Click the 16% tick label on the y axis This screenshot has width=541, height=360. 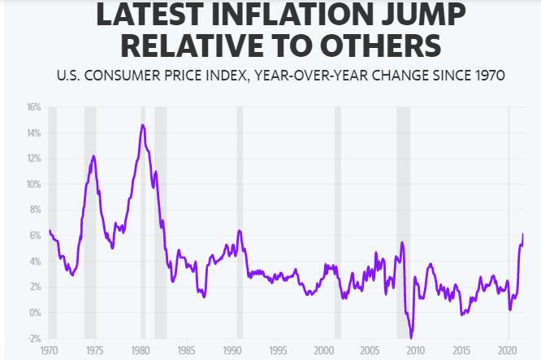pos(32,106)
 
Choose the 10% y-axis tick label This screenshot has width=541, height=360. pos(32,184)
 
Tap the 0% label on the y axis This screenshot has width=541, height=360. pos(35,313)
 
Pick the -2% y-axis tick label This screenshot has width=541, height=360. pos(33,338)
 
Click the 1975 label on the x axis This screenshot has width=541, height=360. pos(94,353)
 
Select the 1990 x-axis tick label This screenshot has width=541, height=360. pos(232,353)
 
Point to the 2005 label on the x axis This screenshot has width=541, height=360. pos(370,353)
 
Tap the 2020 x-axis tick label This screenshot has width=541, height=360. pos(507,353)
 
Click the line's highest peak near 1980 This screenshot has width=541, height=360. pos(143,125)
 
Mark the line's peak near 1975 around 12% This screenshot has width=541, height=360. pos(94,156)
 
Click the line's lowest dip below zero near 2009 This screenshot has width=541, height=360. pos(412,337)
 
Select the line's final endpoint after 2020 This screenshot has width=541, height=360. pos(523,234)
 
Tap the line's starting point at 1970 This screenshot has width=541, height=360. pos(49,231)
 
